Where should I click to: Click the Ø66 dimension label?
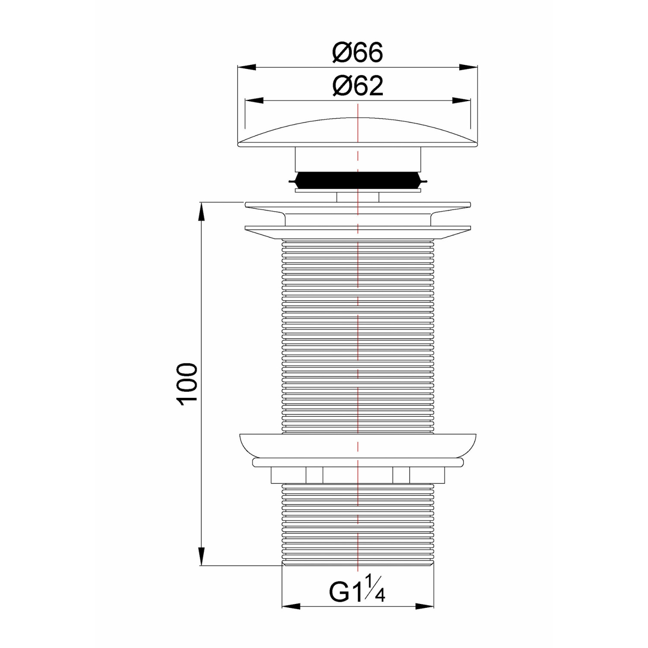coord(358,53)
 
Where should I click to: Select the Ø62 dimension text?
coord(358,86)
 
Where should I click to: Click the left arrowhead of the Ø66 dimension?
coord(247,67)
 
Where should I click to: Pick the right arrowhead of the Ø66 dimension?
coord(468,67)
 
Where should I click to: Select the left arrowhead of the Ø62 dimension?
coord(254,101)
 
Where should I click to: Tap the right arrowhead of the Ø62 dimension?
coord(461,101)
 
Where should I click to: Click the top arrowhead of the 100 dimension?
coord(201,211)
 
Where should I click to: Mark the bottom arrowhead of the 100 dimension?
coord(201,556)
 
